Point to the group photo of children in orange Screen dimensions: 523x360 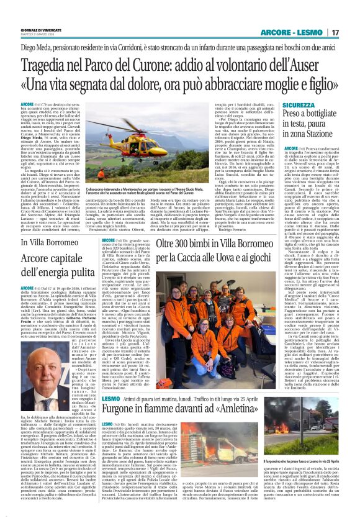[x=182, y=292]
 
